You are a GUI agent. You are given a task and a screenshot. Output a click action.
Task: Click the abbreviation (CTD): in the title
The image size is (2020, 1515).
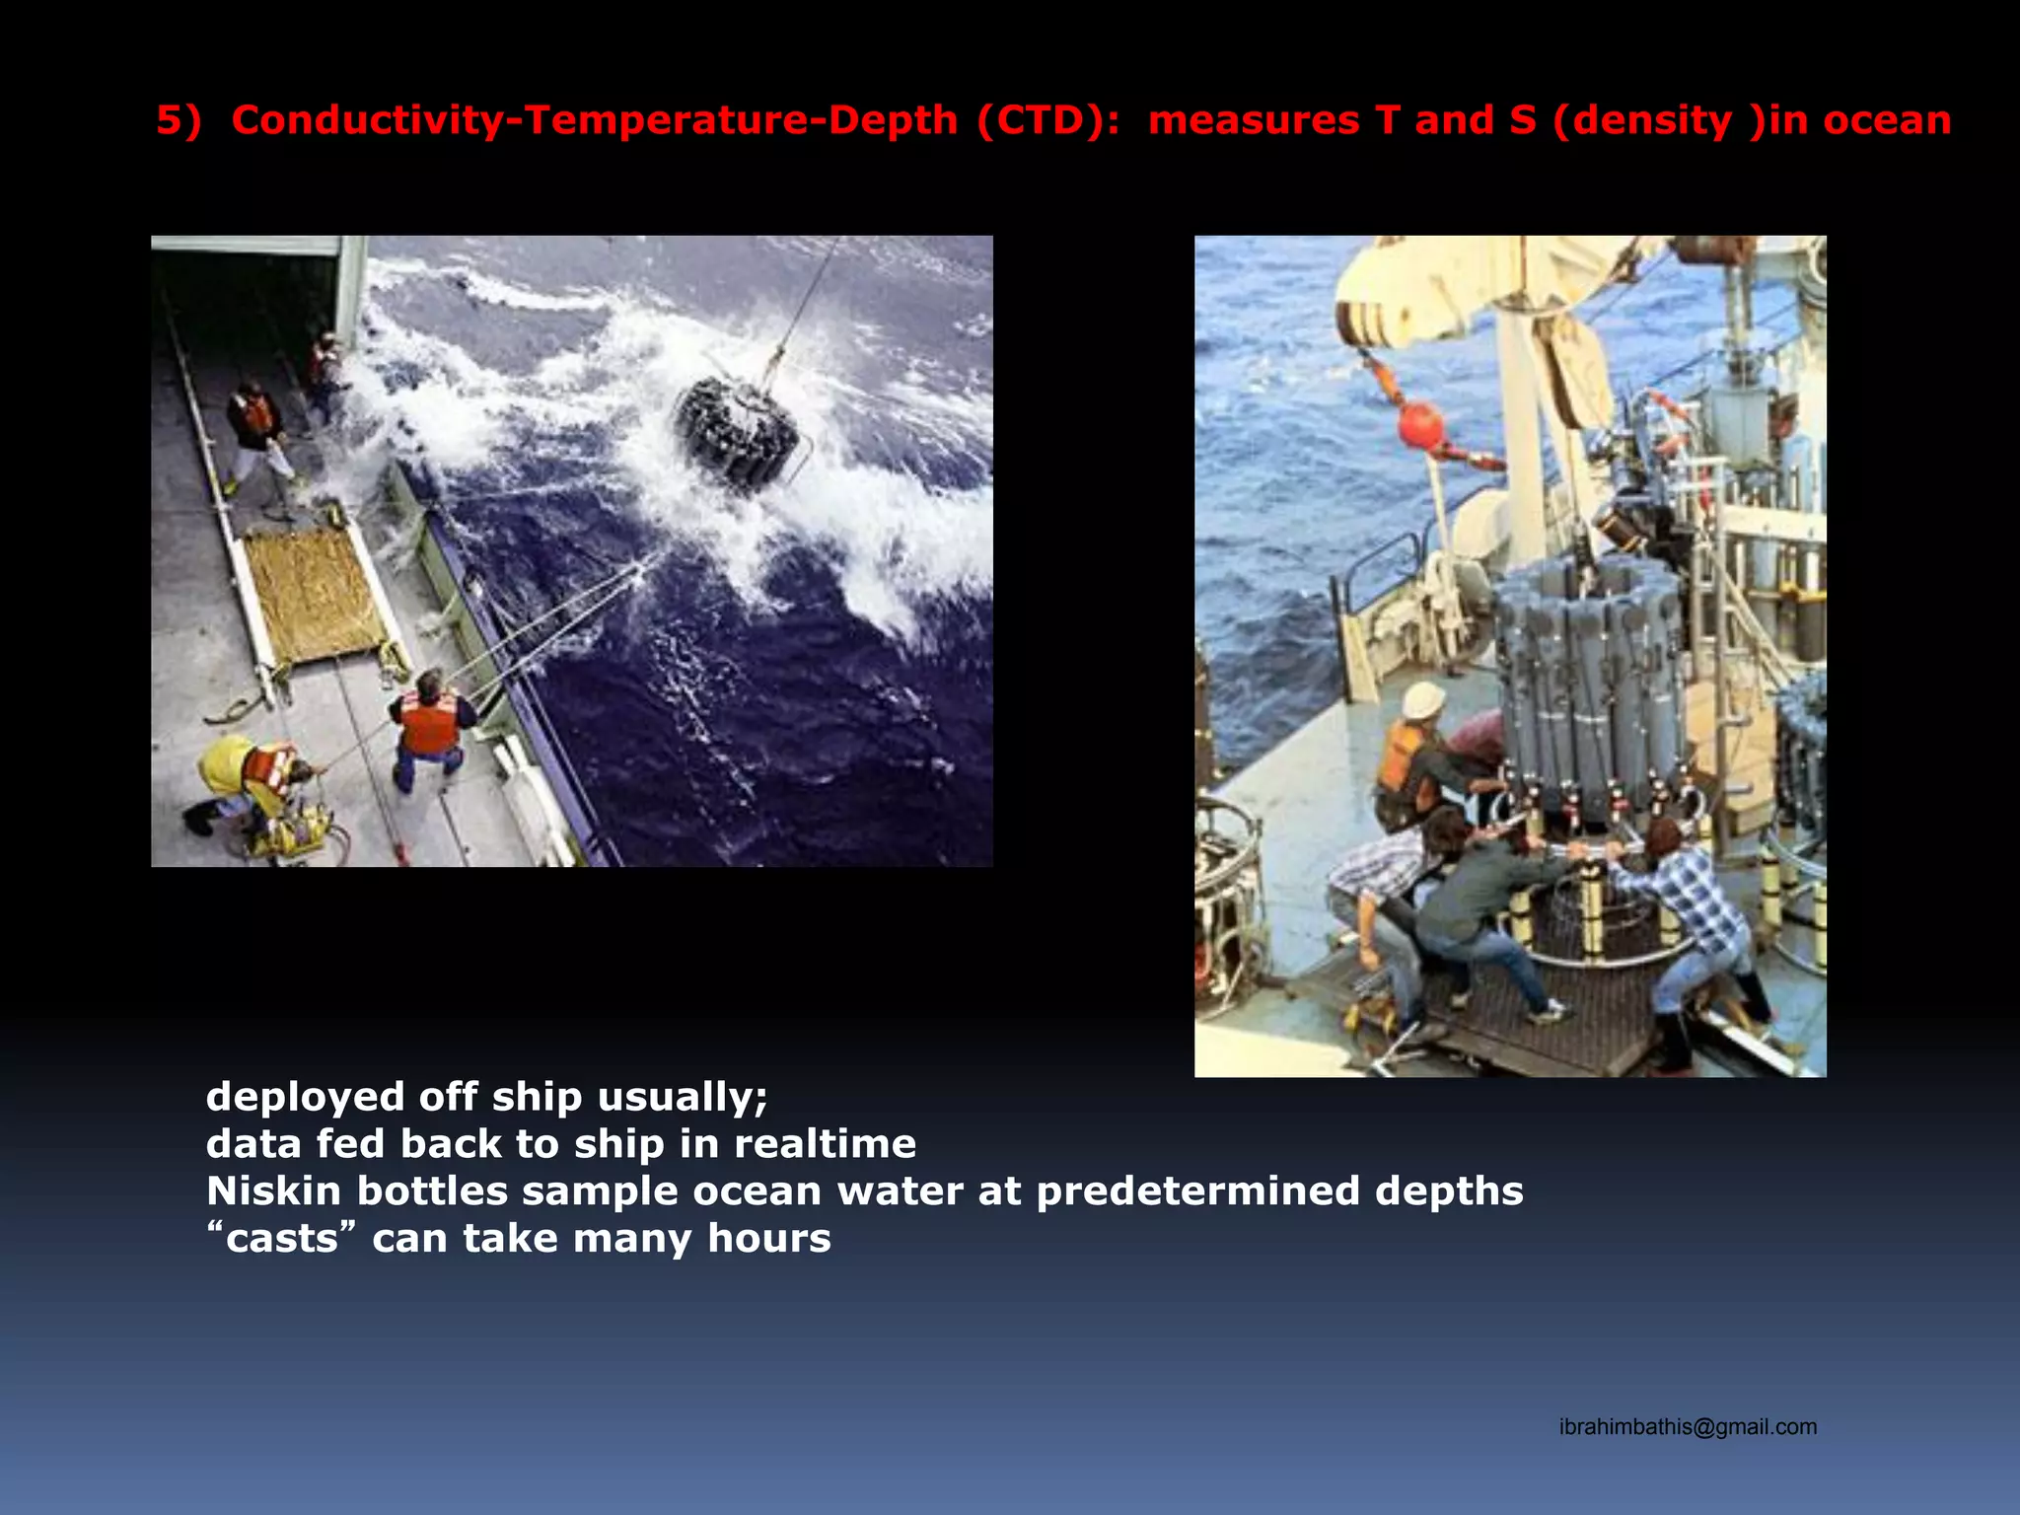coord(1047,120)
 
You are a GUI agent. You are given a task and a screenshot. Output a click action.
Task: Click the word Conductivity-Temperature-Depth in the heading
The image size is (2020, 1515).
coord(594,120)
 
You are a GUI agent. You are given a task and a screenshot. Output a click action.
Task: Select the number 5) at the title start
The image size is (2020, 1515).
coord(179,120)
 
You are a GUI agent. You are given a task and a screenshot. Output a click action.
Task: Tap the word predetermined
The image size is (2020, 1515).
coord(1197,1191)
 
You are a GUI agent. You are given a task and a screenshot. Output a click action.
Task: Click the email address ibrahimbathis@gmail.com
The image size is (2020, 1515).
coord(1687,1427)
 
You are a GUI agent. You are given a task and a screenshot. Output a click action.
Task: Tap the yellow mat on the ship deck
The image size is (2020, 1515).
coord(312,594)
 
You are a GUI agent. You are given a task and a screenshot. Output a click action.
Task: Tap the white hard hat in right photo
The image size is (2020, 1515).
coord(1423,701)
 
